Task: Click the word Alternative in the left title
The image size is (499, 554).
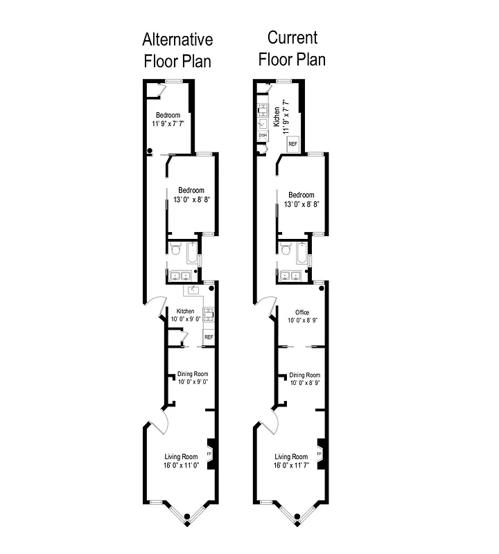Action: click(177, 39)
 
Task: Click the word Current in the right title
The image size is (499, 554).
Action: click(292, 37)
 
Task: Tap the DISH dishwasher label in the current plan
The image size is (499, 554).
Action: click(263, 135)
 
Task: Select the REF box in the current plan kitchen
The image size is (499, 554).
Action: click(292, 143)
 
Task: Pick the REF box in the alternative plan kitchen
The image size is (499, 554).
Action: click(208, 337)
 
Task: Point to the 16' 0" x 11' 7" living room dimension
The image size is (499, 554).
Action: click(291, 466)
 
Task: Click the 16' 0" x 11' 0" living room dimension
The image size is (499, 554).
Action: click(181, 466)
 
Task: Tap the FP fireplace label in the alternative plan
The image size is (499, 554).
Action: click(209, 454)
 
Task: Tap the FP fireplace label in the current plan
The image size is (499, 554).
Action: click(319, 454)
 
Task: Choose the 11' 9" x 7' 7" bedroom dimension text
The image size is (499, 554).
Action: click(168, 124)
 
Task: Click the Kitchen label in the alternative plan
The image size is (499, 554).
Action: click(185, 311)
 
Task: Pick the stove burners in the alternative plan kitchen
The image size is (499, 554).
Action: click(209, 315)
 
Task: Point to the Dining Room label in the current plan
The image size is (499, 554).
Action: click(305, 375)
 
